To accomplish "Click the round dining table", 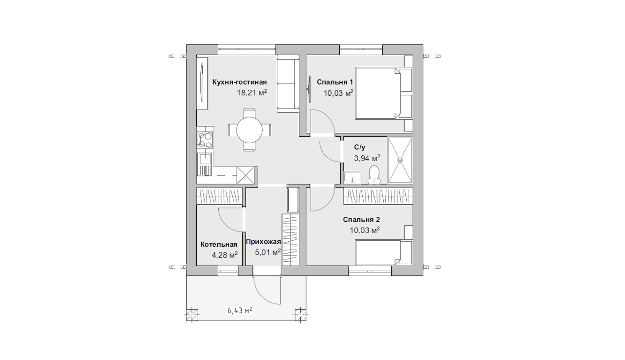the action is click(249, 130).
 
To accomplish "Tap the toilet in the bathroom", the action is click(374, 175).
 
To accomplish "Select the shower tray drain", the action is click(401, 160).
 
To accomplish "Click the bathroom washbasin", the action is click(353, 178).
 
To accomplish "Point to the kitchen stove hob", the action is click(205, 140).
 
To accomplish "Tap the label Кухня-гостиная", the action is click(239, 82).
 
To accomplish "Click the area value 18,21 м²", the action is click(252, 92).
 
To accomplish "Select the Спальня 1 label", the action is click(334, 82).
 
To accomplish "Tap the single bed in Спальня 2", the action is click(384, 253).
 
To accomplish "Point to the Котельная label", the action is click(219, 244).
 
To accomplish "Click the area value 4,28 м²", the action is click(225, 255).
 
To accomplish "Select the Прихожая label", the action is click(263, 242).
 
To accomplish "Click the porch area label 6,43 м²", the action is click(240, 310).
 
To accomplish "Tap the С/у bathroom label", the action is click(359, 148).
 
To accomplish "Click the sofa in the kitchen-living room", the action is click(288, 84).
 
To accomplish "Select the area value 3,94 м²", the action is click(367, 158).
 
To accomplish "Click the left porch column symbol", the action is click(192, 316).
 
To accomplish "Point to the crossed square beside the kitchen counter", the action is click(246, 175).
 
